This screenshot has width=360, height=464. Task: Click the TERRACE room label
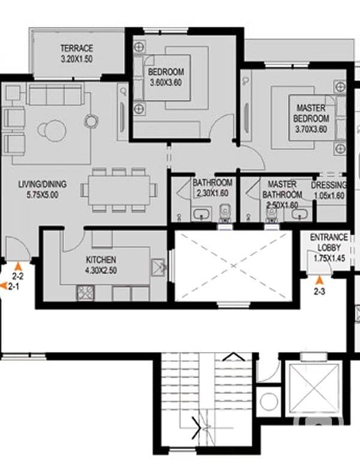coord(77,48)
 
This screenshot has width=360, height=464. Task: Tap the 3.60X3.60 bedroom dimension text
coord(166,82)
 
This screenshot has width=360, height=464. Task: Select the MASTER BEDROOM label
coord(311,113)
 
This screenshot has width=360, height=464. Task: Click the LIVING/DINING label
coord(43,184)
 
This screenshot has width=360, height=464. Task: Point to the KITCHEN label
coord(101,259)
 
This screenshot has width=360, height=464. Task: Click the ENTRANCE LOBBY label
coord(329,242)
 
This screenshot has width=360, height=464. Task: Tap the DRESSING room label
coord(329,185)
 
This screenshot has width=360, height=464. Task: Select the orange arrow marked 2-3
coord(319,280)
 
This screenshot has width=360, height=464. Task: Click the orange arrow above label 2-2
coord(19,266)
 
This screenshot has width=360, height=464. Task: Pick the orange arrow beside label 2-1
coord(3,286)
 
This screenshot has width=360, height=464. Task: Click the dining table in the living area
coord(119,190)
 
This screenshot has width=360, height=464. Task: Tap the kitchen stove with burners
coord(86,293)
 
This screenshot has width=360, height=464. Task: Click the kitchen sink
coord(158,267)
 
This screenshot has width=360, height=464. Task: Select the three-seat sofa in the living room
coord(55,93)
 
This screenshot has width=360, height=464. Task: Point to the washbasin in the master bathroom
coord(299,214)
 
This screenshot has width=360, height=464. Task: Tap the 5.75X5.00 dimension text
coord(43,195)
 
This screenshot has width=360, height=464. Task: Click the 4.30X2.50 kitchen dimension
coord(101,270)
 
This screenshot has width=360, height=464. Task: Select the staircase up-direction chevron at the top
coord(234,357)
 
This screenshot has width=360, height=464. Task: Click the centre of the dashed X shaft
coord(234,265)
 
